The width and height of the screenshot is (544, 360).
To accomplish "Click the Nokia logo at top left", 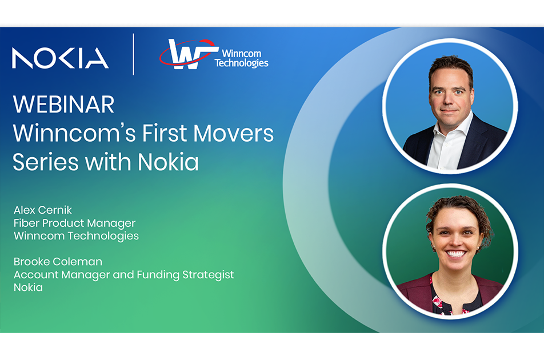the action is tap(60, 58).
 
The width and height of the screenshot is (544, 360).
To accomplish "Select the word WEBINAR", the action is tap(63, 104).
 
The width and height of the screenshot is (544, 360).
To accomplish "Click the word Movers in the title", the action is tap(233, 133).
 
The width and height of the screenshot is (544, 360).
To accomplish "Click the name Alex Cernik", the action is tap(43, 210).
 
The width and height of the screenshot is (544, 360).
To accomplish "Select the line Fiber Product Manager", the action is tap(75, 223).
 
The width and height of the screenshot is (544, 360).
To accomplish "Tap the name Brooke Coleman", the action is tap(58, 262).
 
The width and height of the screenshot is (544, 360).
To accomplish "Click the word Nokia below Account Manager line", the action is tap(28, 287).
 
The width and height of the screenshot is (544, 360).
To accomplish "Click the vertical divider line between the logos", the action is tap(134, 54).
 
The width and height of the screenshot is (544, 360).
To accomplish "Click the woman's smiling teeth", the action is tap(455, 254).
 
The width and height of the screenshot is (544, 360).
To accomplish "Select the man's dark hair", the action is tap(451, 67).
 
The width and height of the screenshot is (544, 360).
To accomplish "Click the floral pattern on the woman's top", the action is tap(440, 302).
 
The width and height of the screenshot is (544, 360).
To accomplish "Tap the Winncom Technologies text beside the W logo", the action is tap(242, 58).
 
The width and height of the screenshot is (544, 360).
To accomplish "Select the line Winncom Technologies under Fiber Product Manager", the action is tap(77, 236).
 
